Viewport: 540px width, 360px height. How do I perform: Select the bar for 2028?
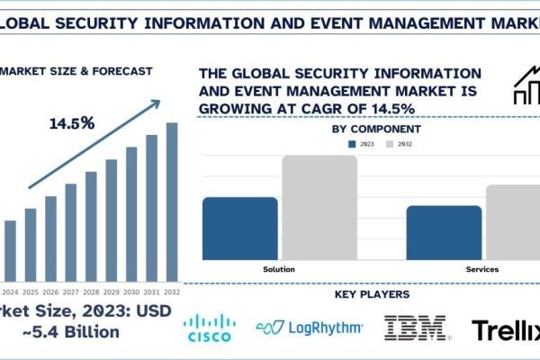(91, 226)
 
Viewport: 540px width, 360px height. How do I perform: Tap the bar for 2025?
(31, 244)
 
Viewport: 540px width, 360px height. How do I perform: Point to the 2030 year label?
(131, 292)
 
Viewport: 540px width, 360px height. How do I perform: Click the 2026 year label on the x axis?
(50, 292)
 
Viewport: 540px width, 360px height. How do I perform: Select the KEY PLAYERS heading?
(372, 294)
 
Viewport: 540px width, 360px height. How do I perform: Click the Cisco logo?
(209, 329)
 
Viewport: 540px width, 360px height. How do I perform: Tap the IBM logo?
(416, 328)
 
